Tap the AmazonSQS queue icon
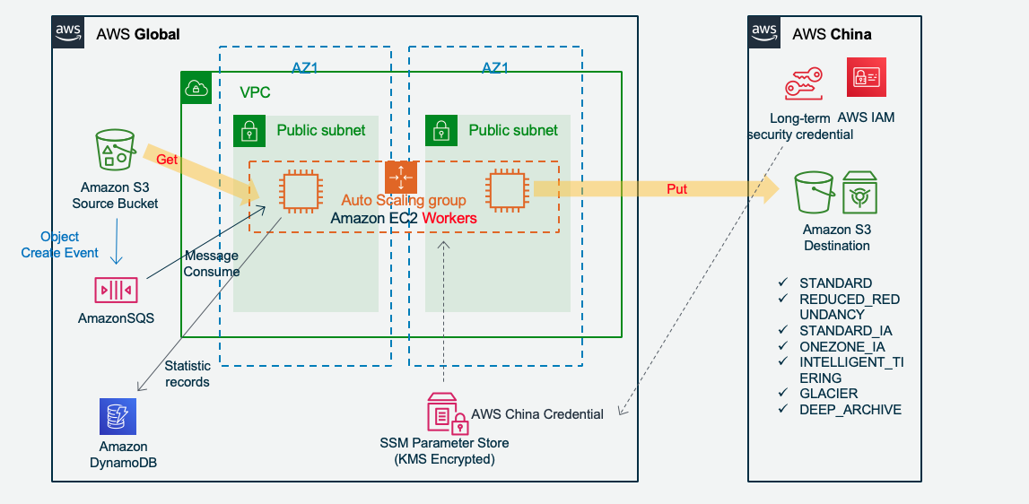tap(116, 290)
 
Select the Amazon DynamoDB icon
tap(118, 417)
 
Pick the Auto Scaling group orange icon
tap(401, 177)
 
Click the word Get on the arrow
tap(167, 160)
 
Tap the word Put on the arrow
tap(677, 189)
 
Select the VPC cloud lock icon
tap(195, 87)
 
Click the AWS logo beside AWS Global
tap(69, 33)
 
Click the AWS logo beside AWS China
tap(764, 33)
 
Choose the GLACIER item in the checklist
tap(828, 394)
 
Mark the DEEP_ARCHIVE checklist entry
tap(850, 410)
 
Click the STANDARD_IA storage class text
tap(845, 331)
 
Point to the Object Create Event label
tap(60, 245)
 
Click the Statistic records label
tap(187, 374)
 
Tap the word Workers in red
tap(449, 218)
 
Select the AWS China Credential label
tap(537, 414)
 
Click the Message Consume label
tap(212, 264)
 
